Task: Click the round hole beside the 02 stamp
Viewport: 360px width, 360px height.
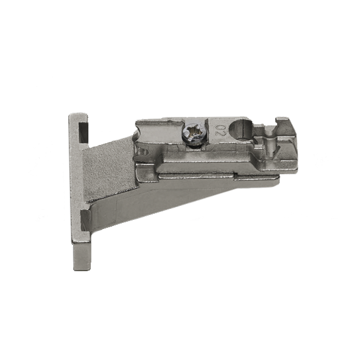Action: [242, 130]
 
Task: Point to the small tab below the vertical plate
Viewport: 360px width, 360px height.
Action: [82, 256]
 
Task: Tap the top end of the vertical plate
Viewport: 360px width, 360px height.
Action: [78, 115]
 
